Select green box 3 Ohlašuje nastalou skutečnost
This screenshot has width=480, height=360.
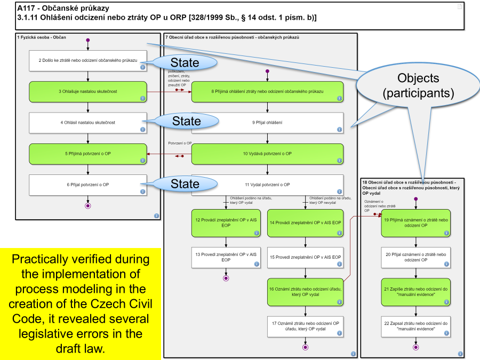pos(87,91)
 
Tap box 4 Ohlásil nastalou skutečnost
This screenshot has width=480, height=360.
pos(87,122)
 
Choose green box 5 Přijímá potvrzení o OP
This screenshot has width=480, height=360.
pos(87,154)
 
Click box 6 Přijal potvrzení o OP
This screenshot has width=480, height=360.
pos(87,185)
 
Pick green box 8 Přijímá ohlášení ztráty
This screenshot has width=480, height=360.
pos(267,91)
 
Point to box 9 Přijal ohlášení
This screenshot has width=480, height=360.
pos(267,122)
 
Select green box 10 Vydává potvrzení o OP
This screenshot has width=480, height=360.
pos(267,154)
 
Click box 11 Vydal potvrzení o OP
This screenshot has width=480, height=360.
pos(267,185)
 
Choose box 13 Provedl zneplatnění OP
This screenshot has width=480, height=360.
pos(226,257)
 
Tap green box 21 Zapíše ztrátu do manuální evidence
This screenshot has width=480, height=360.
pos(415,291)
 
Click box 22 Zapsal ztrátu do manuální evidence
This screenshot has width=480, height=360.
pos(415,326)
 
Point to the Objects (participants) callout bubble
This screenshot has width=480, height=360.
pos(418,85)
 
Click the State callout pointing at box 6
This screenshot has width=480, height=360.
pos(185,184)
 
